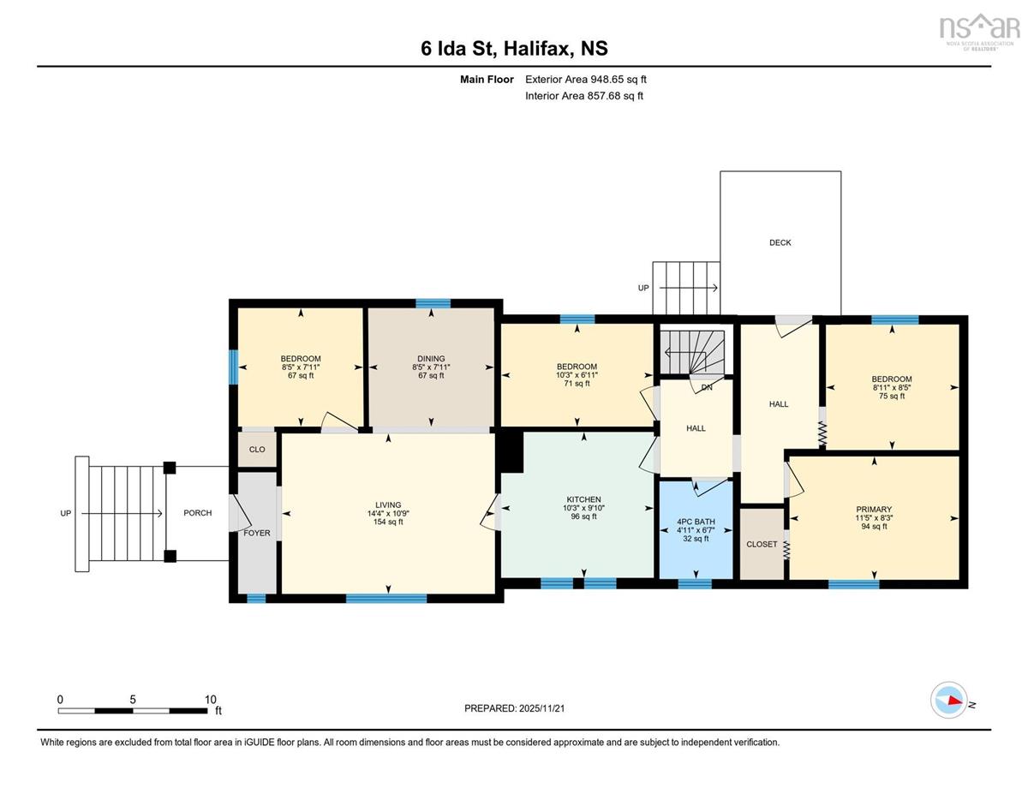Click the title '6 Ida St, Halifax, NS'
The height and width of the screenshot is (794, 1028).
click(514, 49)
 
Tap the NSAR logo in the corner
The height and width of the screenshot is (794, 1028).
click(979, 32)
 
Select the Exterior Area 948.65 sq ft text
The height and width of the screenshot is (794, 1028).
click(586, 80)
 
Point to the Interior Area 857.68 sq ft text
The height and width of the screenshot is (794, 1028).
click(584, 96)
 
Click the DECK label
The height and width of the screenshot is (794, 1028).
click(780, 242)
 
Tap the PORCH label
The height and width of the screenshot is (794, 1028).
click(198, 512)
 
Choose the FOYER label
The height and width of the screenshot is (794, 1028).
click(257, 533)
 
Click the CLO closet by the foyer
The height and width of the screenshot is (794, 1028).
click(257, 450)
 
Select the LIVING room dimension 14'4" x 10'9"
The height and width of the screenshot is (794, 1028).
click(388, 514)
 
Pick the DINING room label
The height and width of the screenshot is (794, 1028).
click(431, 359)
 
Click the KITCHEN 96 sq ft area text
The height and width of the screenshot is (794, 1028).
click(583, 516)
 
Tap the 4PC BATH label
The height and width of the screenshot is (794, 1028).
click(696, 522)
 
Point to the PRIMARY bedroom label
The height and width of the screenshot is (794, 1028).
click(874, 510)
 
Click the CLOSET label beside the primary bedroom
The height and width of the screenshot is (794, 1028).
click(762, 544)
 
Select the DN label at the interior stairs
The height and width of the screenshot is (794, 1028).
click(707, 387)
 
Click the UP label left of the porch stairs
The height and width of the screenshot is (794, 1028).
click(66, 513)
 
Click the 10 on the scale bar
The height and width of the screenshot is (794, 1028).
click(211, 700)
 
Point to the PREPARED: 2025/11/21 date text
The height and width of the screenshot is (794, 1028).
click(514, 708)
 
